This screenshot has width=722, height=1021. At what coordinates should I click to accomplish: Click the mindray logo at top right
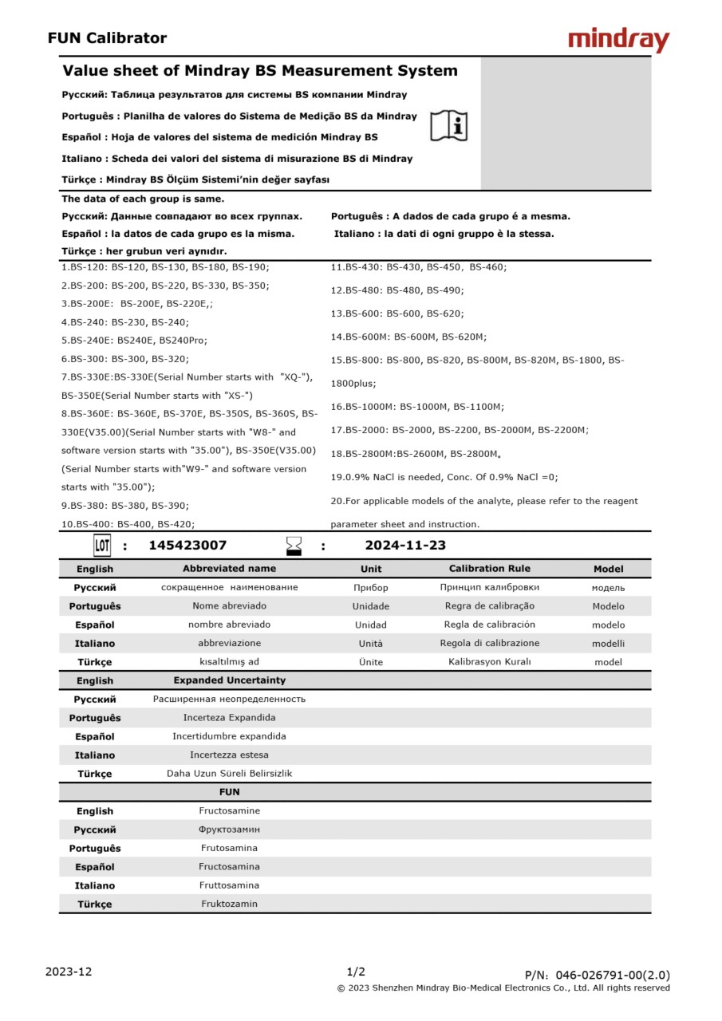618,40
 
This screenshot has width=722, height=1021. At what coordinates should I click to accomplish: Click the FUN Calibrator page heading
107,38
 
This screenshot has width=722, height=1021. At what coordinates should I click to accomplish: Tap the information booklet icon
449,125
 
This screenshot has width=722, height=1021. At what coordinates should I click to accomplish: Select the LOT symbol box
102,546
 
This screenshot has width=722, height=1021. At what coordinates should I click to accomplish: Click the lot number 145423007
187,546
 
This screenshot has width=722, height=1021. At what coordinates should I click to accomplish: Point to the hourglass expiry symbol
294,546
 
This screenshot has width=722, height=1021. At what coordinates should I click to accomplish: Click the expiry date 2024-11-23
405,546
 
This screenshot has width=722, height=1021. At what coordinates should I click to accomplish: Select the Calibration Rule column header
489,569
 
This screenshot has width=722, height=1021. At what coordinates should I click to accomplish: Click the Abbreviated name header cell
229,569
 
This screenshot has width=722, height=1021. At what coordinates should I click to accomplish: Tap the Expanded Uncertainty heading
229,680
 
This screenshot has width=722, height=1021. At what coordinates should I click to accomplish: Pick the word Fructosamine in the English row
229,811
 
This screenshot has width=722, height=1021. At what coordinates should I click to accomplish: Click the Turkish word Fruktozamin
229,904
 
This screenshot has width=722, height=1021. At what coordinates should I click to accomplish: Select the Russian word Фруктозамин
229,830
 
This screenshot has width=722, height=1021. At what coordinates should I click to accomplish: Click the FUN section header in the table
229,792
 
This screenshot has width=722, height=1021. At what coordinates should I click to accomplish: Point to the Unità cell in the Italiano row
370,643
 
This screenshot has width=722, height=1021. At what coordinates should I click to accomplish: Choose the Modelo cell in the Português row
608,606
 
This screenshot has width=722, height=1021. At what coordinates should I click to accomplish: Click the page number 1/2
356,972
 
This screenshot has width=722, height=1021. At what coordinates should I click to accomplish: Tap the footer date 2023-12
69,972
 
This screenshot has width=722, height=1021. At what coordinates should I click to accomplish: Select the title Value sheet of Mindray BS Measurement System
260,71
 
